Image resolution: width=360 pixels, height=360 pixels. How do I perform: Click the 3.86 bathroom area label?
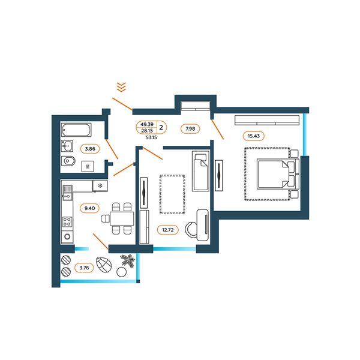click(x=90, y=149)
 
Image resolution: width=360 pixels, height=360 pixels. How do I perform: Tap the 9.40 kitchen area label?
click(x=89, y=208)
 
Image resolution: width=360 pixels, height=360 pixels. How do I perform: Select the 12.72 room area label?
click(x=168, y=230)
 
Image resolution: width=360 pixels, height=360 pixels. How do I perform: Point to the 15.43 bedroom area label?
click(x=253, y=136)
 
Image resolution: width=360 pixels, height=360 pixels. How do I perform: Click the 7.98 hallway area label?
click(x=190, y=129)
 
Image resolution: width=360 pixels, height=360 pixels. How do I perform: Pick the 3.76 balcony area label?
click(x=84, y=268)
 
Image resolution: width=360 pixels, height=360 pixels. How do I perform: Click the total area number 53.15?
click(x=151, y=138)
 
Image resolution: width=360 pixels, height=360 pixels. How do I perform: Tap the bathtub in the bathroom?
click(x=76, y=130)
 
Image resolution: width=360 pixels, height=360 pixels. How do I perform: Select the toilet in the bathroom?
click(x=68, y=161)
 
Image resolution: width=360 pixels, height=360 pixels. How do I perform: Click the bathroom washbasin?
click(x=67, y=146)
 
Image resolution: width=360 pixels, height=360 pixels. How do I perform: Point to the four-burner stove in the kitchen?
click(x=67, y=221)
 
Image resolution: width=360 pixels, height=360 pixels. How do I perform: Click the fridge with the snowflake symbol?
click(x=100, y=186)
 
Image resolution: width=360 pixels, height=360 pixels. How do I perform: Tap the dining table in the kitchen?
click(x=122, y=218)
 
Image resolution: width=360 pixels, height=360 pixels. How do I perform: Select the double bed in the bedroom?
click(x=278, y=174)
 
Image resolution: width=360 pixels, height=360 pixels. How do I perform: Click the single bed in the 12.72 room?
click(x=200, y=170)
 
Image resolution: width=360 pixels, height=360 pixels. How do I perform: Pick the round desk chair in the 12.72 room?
click(x=191, y=229)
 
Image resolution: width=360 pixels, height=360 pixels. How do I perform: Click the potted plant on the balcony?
click(x=128, y=260)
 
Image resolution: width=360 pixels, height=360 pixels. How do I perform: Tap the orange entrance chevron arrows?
click(x=121, y=87)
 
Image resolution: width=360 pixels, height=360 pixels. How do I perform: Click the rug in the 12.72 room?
click(x=172, y=194)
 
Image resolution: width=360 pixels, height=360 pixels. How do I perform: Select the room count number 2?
click(x=161, y=127)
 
